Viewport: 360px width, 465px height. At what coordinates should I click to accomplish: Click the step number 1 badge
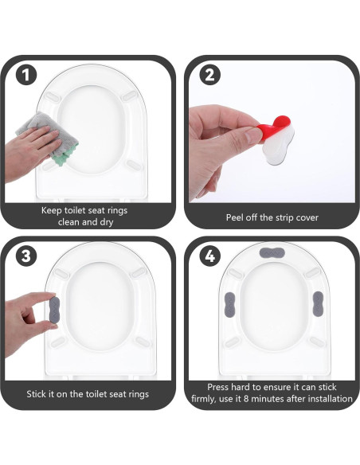(26, 75)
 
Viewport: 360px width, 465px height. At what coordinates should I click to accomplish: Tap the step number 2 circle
(209, 75)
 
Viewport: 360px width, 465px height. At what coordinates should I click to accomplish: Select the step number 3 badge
(26, 256)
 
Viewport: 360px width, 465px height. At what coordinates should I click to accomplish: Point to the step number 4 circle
(209, 256)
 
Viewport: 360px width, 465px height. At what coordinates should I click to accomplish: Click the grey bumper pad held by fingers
(55, 308)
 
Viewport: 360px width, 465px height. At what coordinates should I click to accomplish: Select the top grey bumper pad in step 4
(272, 253)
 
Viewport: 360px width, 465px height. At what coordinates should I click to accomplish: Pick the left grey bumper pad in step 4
(229, 304)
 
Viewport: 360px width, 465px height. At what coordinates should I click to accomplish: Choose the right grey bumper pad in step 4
(318, 303)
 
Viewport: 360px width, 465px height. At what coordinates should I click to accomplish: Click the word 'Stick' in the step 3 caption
(36, 394)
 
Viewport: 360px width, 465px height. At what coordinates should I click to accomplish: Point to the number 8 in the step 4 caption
(246, 399)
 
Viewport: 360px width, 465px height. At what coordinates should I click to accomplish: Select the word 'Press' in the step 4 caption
(218, 387)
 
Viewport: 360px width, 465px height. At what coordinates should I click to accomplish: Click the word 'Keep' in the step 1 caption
(51, 210)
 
